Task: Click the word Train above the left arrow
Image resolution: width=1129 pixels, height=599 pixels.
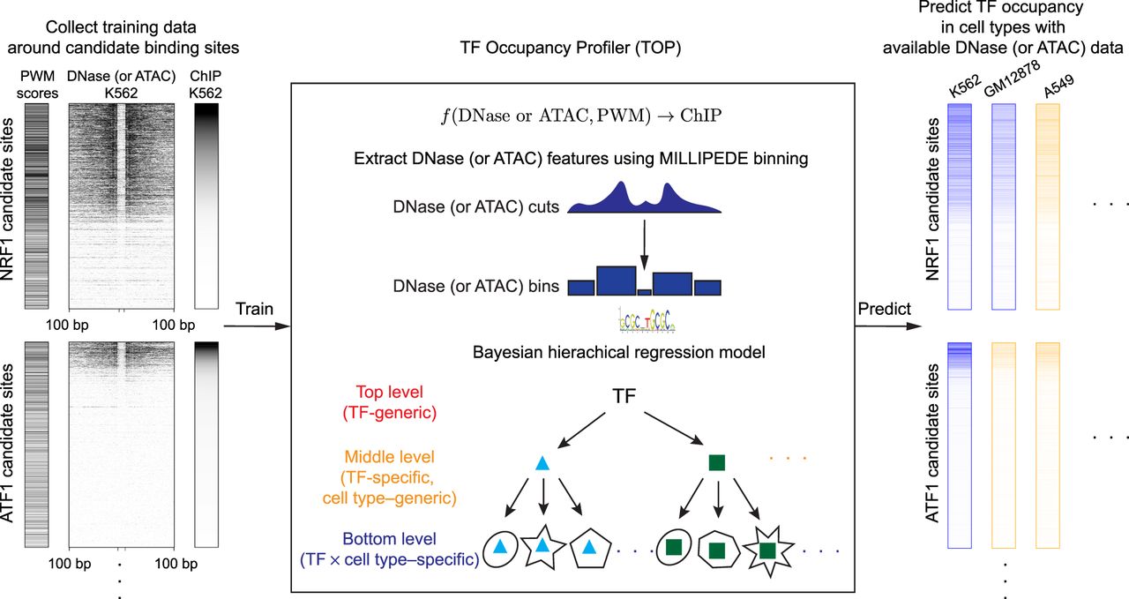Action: click(x=255, y=310)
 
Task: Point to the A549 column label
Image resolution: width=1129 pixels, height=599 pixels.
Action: click(x=1052, y=90)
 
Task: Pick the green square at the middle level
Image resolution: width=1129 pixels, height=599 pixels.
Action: click(x=716, y=462)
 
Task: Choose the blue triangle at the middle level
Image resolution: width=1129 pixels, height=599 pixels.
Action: click(x=543, y=461)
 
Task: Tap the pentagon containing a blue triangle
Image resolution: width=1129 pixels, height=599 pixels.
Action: click(x=593, y=549)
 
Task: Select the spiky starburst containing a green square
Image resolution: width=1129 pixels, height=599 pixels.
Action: click(x=767, y=550)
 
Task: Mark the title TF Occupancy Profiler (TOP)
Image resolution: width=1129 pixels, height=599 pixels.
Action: click(x=572, y=49)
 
